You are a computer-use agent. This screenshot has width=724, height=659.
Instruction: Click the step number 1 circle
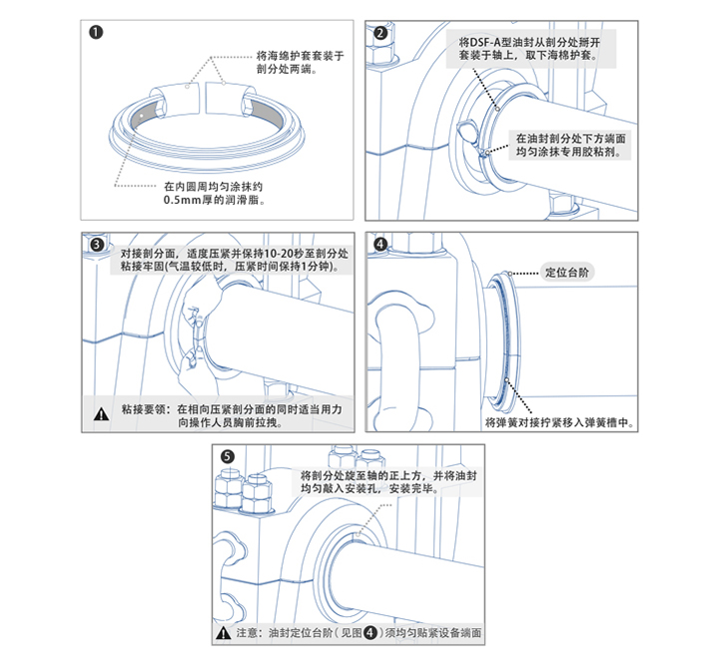pos(96,32)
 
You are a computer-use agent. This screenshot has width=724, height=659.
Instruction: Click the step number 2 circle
pos(380,32)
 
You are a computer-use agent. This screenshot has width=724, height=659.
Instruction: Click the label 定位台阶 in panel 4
pos(568,272)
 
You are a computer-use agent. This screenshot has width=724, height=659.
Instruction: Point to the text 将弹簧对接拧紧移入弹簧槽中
pos(558,422)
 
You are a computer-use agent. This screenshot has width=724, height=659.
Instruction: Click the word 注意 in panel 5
pos(246,634)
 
